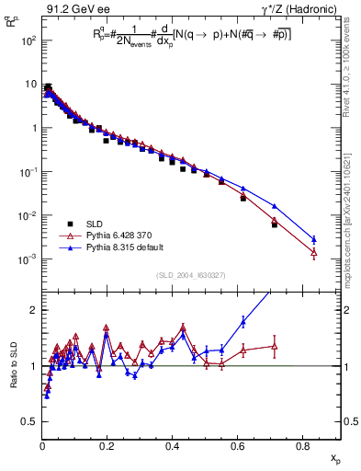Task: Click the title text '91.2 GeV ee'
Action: coord(71,9)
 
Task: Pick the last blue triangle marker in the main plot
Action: coord(314,239)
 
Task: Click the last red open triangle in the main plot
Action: coord(314,252)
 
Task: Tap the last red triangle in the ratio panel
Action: coord(275,347)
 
